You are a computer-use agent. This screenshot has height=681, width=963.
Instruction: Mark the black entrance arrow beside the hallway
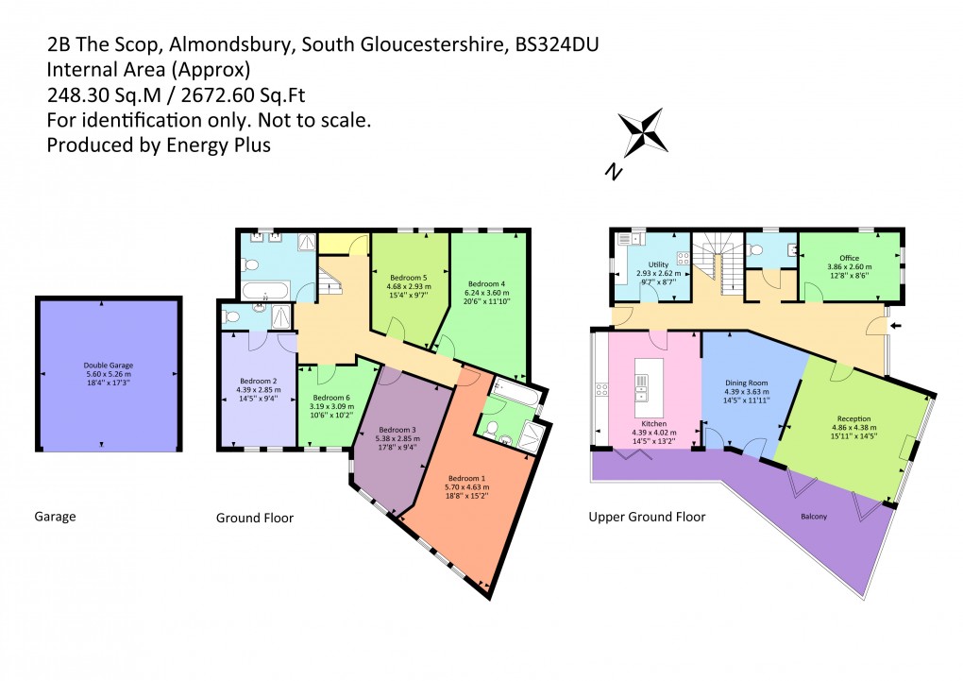(x=895, y=327)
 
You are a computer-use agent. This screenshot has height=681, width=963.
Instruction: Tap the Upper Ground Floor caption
(x=647, y=517)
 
